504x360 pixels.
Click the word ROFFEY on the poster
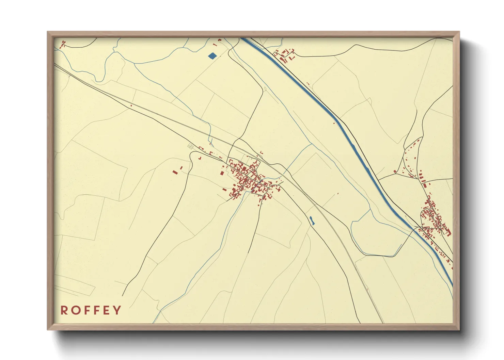(91, 310)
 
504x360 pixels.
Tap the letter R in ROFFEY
(64, 310)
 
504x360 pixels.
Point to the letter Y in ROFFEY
(117, 310)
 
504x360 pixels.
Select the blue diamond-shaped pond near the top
(212, 55)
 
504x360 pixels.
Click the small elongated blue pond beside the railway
(312, 220)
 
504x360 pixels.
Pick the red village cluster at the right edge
(434, 218)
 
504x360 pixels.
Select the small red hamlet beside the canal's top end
(284, 54)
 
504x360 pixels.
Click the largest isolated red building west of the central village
(175, 172)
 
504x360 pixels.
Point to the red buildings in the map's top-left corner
(63, 44)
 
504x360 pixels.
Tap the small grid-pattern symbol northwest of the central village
(190, 146)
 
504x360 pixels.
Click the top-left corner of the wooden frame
(48, 32)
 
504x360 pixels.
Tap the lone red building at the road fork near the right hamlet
(395, 171)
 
